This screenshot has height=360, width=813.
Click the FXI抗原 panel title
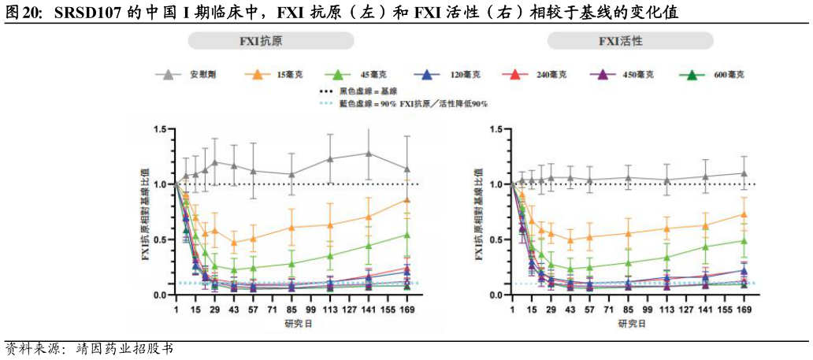tap(270, 41)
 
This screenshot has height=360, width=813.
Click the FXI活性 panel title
tap(630, 41)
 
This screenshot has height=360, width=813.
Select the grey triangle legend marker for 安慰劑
tap(167, 75)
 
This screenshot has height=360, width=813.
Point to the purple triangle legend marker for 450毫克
tap(601, 75)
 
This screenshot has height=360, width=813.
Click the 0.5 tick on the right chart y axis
tap(498, 239)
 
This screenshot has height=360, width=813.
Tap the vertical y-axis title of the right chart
tap(480, 212)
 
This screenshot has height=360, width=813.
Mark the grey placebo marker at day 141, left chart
tap(368, 153)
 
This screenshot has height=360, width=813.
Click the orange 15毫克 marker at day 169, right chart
tap(744, 214)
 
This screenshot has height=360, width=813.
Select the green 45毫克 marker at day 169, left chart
tap(406, 235)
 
